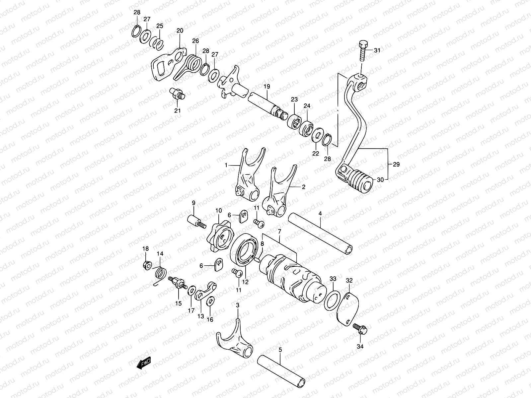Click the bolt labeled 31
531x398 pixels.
point(363,51)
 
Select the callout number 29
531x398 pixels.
point(396,164)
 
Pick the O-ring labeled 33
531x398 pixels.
point(333,299)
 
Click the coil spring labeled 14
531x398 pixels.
point(161,274)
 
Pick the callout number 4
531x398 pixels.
point(320,214)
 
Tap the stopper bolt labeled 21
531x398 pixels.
point(178,93)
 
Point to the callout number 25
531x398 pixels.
point(160,26)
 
